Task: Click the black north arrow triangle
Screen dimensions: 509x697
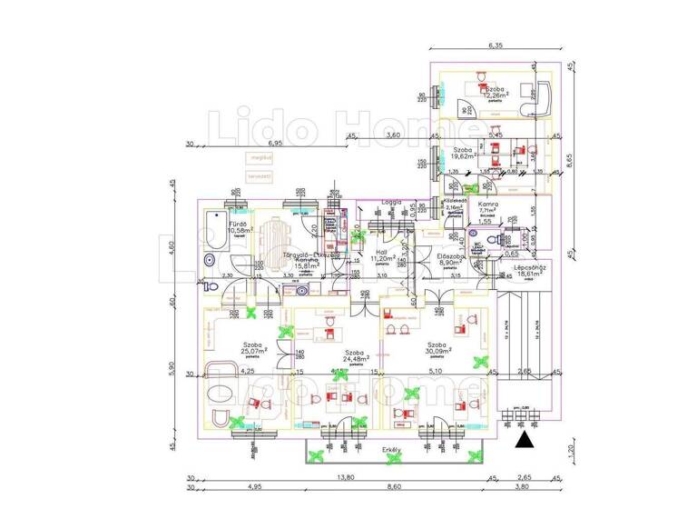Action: pyautogui.click(x=524, y=443)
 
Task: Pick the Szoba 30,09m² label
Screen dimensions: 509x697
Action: pyautogui.click(x=437, y=349)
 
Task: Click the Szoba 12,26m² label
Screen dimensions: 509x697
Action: pyautogui.click(x=496, y=92)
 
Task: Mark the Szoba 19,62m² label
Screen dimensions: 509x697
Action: pyautogui.click(x=463, y=153)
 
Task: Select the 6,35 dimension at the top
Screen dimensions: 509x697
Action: pyautogui.click(x=495, y=45)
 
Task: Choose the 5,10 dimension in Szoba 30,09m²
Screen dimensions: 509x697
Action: pyautogui.click(x=437, y=371)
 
